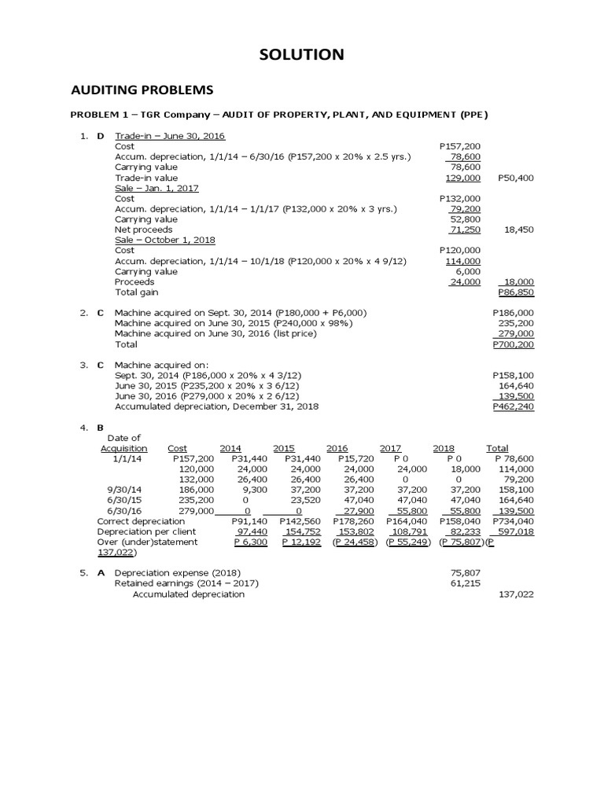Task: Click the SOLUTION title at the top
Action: (302, 54)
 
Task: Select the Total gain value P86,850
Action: (517, 292)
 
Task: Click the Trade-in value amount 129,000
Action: (463, 178)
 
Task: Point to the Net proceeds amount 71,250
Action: (465, 230)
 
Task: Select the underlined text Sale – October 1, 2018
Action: (164, 240)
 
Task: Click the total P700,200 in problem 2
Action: (513, 344)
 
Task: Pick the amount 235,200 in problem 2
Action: (516, 323)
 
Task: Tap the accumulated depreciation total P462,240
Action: (513, 406)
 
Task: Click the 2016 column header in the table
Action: (337, 448)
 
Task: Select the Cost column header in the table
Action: (177, 448)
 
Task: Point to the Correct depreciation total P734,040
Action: (513, 520)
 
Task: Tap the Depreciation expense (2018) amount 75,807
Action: (465, 573)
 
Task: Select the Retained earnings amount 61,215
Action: (465, 583)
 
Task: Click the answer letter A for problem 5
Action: (101, 573)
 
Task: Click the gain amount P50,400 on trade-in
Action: (516, 178)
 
